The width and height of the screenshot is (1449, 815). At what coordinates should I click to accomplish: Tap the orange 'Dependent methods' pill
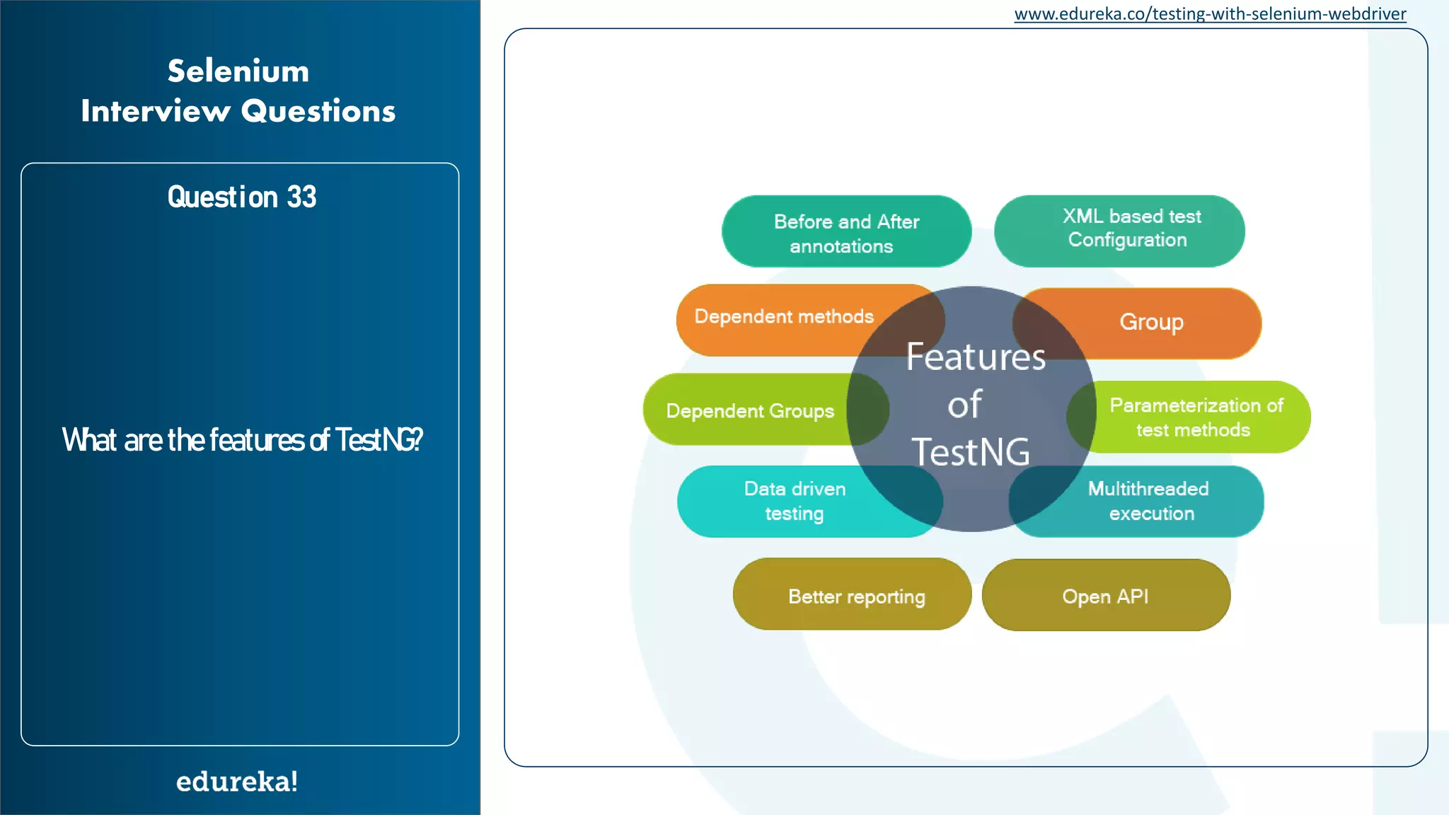click(784, 317)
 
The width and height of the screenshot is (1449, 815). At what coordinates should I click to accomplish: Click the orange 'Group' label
click(1151, 323)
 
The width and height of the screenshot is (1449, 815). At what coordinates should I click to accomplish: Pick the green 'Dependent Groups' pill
click(750, 411)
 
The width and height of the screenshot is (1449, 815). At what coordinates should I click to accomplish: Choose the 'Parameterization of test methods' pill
click(1196, 417)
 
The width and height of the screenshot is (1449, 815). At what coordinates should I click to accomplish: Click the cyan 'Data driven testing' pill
click(795, 501)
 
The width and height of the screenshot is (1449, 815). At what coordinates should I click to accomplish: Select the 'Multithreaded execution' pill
click(1149, 501)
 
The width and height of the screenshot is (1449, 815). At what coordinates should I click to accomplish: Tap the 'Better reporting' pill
click(855, 596)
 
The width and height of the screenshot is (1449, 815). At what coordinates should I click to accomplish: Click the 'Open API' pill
click(1105, 596)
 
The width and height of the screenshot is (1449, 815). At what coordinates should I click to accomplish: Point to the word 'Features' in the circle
click(976, 357)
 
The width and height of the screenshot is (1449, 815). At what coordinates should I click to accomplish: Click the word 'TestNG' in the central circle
click(971, 453)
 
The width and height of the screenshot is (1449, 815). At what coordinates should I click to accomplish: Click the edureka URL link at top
click(1210, 14)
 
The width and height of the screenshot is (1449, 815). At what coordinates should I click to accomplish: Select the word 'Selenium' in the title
click(238, 71)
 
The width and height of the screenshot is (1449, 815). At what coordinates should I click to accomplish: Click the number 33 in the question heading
click(301, 197)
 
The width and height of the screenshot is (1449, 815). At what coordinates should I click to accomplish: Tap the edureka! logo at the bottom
click(237, 782)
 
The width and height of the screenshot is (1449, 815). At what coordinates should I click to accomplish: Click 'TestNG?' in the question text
click(379, 440)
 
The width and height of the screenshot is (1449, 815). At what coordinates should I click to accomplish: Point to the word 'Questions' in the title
click(318, 112)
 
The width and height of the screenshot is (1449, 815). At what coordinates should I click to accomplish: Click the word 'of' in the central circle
click(965, 405)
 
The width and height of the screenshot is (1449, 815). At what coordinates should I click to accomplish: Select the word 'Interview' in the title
click(156, 112)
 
